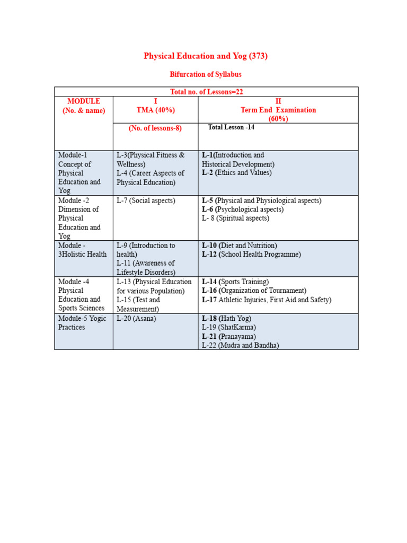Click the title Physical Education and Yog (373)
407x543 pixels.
click(206, 56)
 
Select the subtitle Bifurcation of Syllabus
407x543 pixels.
click(206, 74)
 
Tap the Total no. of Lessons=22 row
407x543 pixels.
click(206, 92)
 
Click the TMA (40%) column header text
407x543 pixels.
click(155, 110)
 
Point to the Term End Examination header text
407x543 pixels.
click(278, 110)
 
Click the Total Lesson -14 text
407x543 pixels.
click(231, 127)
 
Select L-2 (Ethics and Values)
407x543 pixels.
click(237, 173)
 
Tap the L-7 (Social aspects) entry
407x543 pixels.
click(146, 200)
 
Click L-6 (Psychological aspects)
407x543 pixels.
click(243, 209)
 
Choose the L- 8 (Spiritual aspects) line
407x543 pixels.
click(235, 218)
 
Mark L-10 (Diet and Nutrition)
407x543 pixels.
click(240, 246)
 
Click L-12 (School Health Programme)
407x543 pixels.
click(251, 255)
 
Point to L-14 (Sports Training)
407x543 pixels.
click(235, 282)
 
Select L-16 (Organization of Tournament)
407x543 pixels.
click(254, 291)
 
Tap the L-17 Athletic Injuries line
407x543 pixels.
click(267, 300)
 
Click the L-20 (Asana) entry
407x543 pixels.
click(136, 318)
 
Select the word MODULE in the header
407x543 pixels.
click(84, 101)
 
